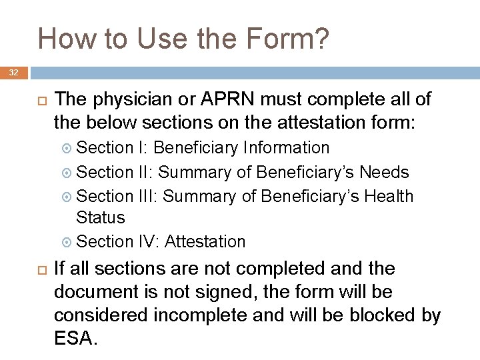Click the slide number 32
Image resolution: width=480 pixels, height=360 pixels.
click(13, 72)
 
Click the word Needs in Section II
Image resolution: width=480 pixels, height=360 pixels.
click(384, 172)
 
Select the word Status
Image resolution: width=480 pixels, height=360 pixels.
click(101, 217)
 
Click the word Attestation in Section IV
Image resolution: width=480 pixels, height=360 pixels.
click(205, 241)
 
